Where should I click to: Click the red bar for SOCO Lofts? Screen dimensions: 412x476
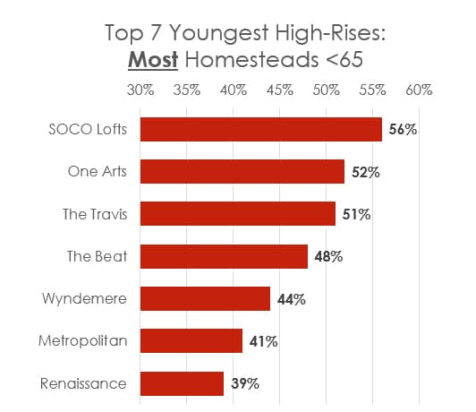[x=260, y=129]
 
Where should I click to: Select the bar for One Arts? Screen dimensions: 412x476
[x=242, y=172]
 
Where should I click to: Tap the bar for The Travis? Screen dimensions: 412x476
[x=238, y=214]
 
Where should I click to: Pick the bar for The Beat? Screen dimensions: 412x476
[x=224, y=256]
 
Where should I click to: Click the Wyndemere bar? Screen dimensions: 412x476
[x=205, y=299]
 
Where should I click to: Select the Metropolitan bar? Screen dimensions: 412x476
[x=191, y=341]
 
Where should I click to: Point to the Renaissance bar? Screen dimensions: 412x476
[x=182, y=383]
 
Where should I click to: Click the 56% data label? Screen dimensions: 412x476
[x=403, y=130]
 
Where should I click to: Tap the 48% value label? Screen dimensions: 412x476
[x=328, y=257]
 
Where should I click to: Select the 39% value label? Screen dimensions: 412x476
[x=244, y=384]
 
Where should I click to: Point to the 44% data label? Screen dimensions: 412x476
[x=291, y=299]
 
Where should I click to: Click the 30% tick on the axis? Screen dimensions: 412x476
[x=140, y=90]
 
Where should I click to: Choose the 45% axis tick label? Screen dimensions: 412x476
[x=280, y=90]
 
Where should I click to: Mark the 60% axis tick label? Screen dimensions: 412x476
[x=419, y=90]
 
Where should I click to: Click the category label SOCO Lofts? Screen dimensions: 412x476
[x=86, y=129]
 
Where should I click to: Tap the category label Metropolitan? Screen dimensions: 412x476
[x=82, y=341]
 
